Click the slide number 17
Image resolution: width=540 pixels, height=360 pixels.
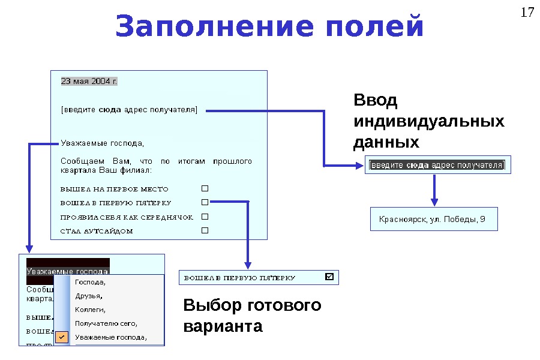tap(527, 13)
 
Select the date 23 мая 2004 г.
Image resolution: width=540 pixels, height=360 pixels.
tap(89, 81)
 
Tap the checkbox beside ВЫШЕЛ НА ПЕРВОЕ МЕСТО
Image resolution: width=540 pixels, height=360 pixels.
tap(205, 188)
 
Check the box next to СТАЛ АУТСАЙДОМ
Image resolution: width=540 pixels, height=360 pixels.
tap(205, 230)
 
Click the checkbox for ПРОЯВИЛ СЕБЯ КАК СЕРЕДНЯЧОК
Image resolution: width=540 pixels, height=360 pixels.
tap(205, 217)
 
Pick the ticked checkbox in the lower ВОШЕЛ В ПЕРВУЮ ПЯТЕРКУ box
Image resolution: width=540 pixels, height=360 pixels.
tap(329, 277)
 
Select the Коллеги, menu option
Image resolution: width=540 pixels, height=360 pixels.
tap(90, 310)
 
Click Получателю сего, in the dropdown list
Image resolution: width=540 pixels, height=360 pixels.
tap(106, 323)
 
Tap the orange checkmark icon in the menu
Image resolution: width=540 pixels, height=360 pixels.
tap(62, 337)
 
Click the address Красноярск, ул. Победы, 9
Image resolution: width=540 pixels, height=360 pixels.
tap(431, 220)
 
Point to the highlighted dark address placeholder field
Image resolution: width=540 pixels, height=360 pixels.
tap(437, 165)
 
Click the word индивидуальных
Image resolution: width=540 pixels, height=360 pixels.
tap(429, 122)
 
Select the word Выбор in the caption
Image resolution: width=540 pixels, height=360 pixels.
tap(212, 305)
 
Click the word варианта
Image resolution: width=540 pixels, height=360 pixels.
tap(223, 327)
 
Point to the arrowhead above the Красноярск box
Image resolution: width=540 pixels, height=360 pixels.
tap(434, 201)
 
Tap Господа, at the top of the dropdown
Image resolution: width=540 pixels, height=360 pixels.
tap(91, 281)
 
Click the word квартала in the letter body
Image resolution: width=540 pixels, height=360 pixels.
tap(76, 170)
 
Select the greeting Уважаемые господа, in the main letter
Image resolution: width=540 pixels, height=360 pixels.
tap(103, 143)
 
